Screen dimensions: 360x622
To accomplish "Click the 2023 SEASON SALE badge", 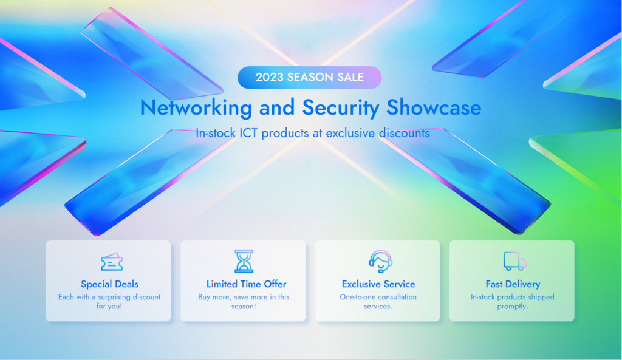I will [309, 77].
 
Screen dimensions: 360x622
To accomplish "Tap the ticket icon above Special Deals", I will [111, 262].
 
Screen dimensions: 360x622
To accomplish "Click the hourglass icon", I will [244, 261].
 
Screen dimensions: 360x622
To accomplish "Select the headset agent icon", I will [380, 261].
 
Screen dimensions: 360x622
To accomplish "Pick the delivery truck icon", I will [514, 261].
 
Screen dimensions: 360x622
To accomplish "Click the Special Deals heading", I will [109, 284].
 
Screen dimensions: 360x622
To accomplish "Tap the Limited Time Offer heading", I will [246, 284].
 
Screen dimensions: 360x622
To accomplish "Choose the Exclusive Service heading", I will [378, 284].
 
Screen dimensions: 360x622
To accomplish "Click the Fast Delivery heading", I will [513, 284].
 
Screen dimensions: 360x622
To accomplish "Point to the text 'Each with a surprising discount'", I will [109, 297].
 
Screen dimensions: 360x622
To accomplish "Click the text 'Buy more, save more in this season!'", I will [244, 302].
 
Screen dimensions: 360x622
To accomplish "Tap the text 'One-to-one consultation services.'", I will [378, 302].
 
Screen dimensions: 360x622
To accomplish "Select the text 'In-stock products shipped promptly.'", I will [512, 302].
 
